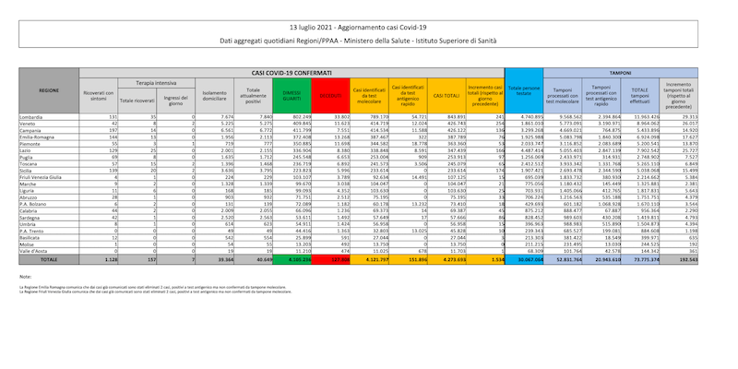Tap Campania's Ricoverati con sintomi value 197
click(110, 131)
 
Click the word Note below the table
click(25, 277)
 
